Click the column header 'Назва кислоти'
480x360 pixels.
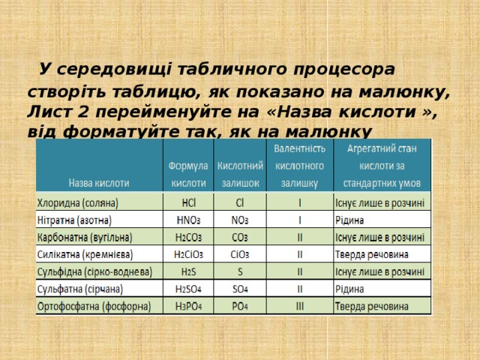100,182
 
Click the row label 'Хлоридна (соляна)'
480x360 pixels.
83,202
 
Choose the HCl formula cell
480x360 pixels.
190,202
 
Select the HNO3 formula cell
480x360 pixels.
189,220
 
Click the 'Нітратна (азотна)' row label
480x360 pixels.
75,220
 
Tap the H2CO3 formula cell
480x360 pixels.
188,237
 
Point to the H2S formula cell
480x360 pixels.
189,271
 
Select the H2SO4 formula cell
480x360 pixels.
188,289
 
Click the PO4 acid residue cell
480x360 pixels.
240,307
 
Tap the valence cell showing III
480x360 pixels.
300,307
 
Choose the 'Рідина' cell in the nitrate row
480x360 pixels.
352,220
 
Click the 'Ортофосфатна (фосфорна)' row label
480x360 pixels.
93,307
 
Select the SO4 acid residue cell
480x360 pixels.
240,289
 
